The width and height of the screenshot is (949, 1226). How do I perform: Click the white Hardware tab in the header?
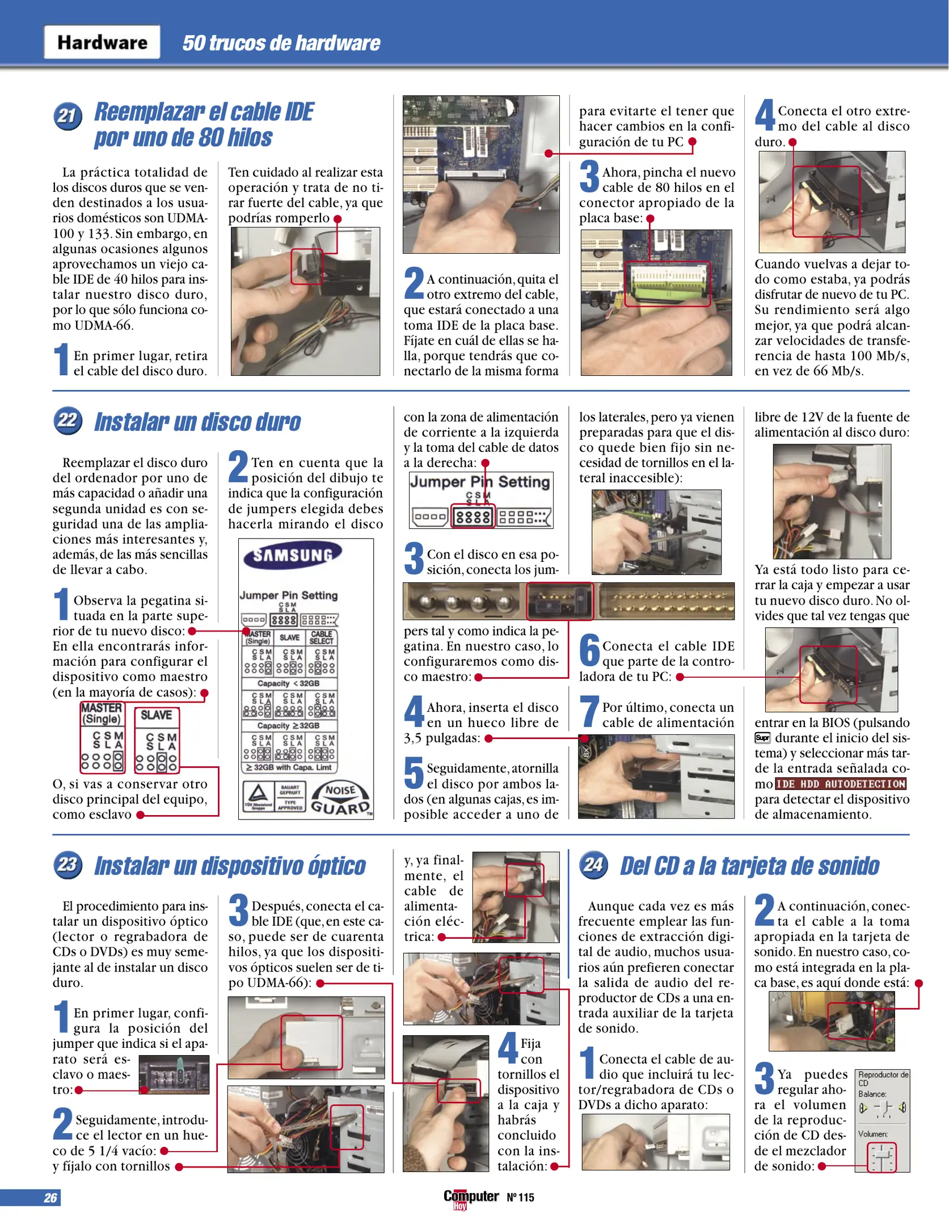click(102, 43)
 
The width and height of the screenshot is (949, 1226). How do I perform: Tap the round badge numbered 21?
click(68, 116)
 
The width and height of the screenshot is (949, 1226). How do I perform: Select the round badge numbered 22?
click(68, 421)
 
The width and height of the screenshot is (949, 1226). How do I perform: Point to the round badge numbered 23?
click(68, 864)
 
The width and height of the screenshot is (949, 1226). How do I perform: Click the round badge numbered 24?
click(593, 864)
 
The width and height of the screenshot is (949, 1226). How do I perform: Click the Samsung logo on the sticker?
click(292, 555)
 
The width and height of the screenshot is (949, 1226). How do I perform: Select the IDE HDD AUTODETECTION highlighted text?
click(841, 784)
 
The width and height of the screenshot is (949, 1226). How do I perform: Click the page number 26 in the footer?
click(50, 1198)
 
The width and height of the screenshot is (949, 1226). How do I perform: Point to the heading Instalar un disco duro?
click(197, 422)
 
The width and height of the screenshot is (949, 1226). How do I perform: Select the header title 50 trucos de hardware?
click(281, 43)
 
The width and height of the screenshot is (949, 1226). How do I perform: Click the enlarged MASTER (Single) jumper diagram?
click(102, 737)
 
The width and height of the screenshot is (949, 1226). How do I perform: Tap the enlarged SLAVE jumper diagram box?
click(157, 740)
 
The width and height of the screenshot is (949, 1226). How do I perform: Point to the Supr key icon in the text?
click(762, 738)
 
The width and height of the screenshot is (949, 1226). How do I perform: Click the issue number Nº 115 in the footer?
click(520, 1198)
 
